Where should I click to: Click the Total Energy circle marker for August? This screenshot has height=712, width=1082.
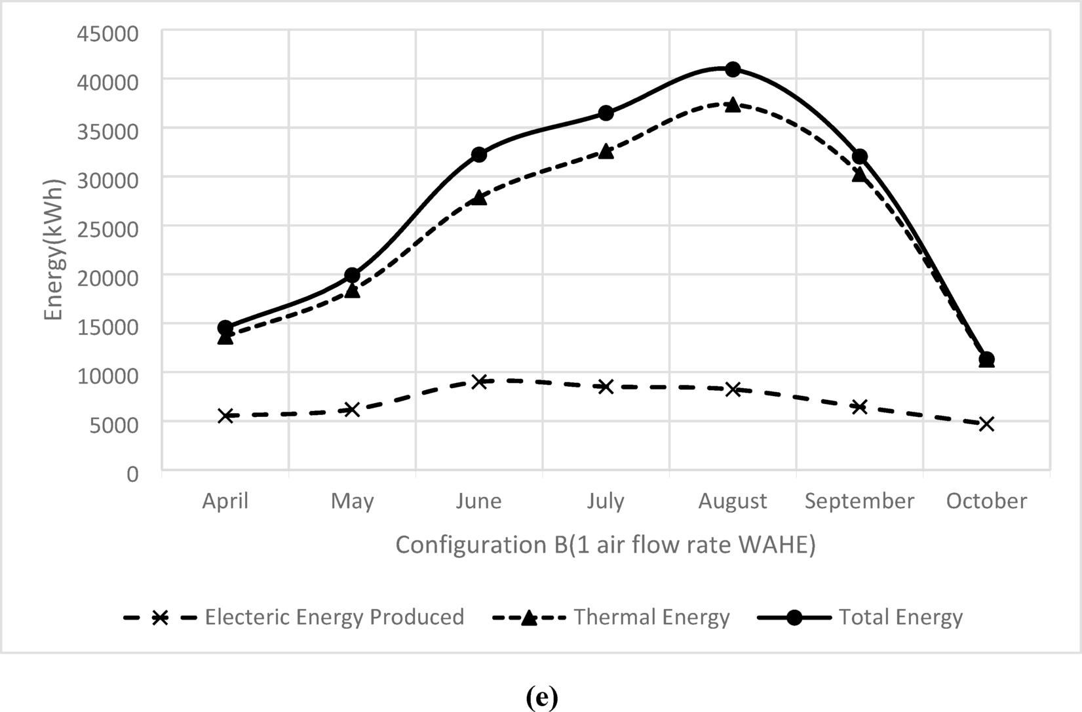pos(733,69)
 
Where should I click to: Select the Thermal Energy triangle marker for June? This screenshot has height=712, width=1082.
pos(479,197)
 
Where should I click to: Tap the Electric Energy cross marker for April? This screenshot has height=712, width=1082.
pos(225,416)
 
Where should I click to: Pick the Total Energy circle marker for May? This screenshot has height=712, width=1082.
pos(352,275)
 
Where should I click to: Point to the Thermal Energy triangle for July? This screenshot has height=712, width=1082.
pos(606,151)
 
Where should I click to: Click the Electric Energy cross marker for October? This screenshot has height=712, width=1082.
pos(986,424)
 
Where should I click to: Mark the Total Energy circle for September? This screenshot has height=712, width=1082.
pos(859,157)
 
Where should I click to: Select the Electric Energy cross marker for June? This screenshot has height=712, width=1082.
pos(479,382)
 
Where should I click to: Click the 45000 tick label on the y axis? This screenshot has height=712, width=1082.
pos(107,33)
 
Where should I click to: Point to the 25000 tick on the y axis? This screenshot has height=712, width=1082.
pos(107,229)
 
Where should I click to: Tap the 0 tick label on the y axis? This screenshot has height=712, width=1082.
pos(132,473)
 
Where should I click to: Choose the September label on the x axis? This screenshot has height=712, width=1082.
pos(859,501)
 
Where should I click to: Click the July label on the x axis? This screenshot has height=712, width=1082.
pos(606,501)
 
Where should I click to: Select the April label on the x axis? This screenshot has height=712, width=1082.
pos(225,501)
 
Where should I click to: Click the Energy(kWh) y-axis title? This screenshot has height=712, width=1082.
pos(54,250)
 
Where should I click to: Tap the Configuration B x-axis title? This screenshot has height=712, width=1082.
pos(606,545)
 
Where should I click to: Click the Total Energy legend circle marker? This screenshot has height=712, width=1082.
pos(794,618)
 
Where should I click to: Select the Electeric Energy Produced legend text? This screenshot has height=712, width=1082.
pos(334,618)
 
